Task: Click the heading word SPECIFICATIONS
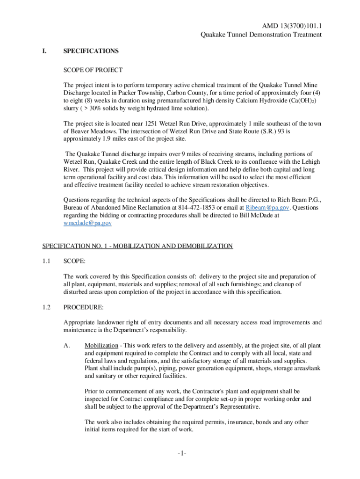91,51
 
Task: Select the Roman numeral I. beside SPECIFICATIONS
45,51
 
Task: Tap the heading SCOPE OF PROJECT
93,70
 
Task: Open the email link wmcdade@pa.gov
87,224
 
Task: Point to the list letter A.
67,346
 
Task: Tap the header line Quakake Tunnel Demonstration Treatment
261,35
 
